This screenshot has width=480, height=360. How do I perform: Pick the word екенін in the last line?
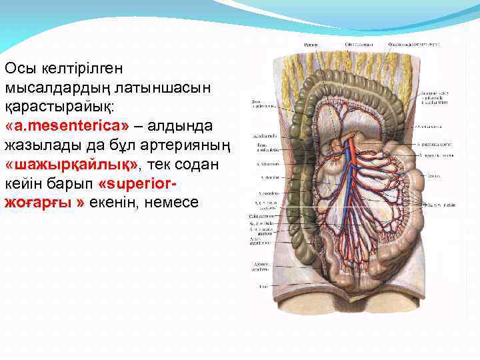(x=119, y=203)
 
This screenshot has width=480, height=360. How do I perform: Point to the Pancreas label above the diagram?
(x=311, y=45)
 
